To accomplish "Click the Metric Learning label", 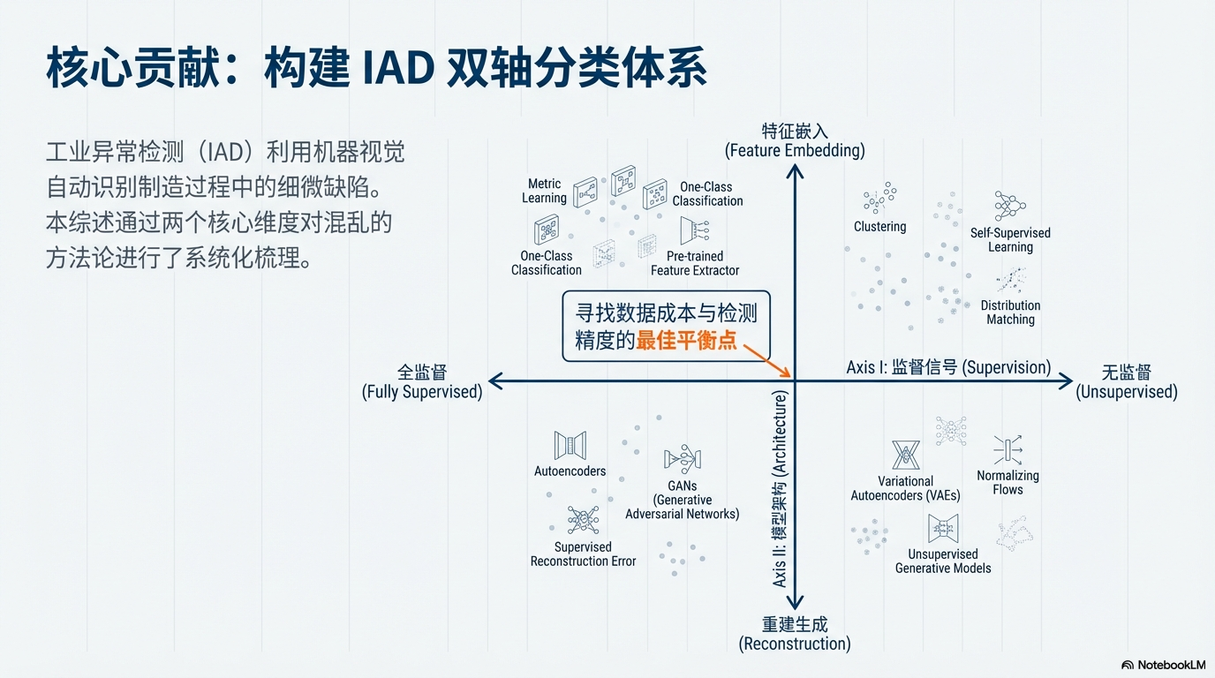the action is (544, 191).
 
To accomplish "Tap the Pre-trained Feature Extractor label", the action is (695, 263).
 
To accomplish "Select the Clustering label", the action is (879, 226).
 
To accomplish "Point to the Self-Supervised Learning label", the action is (1010, 240).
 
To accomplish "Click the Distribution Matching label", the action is (1010, 313).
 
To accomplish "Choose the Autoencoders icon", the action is (570, 445).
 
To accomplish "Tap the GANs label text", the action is (683, 500).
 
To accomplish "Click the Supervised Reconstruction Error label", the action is (583, 554).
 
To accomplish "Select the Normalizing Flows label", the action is (1007, 482).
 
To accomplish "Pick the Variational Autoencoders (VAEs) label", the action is (905, 488).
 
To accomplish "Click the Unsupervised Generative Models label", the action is (943, 561).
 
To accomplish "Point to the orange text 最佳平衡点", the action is (686, 340).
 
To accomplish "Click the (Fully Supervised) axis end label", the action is (422, 392).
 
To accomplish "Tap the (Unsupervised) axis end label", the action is (1127, 392).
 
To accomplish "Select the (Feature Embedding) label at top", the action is (795, 150).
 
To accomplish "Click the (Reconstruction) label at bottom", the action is (795, 644).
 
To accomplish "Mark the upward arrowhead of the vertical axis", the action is (795, 171).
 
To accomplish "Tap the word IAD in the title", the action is (398, 68).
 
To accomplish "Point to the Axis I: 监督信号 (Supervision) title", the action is (948, 367).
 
